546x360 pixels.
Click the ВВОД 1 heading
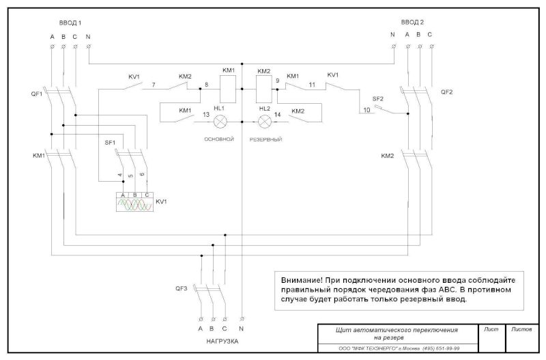pos(70,23)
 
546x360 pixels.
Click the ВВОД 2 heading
pos(411,23)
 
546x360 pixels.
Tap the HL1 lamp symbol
pos(220,121)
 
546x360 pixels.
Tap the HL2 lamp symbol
pos(264,121)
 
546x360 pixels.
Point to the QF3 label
pos(181,290)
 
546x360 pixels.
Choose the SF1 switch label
pos(110,142)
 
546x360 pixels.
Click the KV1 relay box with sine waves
pos(135,204)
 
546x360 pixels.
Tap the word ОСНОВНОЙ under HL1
pos(220,139)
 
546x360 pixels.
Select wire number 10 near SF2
pos(367,109)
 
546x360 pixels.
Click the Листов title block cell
pos(522,329)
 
